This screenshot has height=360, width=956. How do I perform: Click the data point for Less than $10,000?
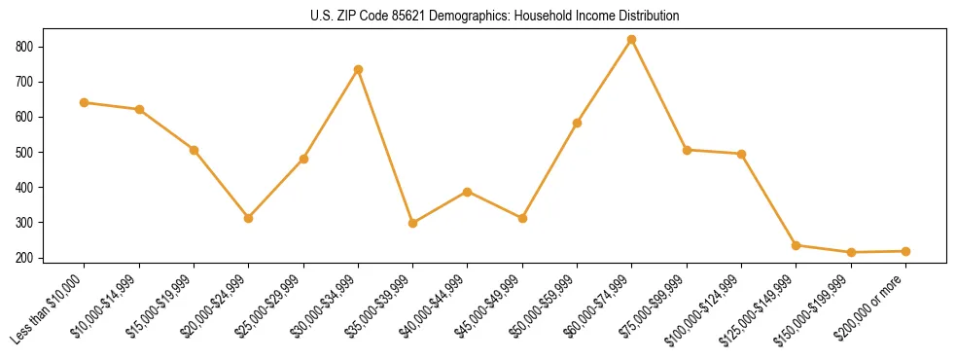pyautogui.click(x=85, y=102)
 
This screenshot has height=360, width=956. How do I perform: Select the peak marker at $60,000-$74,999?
pyautogui.click(x=632, y=40)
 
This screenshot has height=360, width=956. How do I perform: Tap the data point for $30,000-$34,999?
pyautogui.click(x=358, y=70)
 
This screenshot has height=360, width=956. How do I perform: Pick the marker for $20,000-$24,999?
pyautogui.click(x=249, y=218)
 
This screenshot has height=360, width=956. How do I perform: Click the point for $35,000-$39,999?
pyautogui.click(x=413, y=223)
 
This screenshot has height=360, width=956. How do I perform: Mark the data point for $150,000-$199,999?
pyautogui.click(x=851, y=252)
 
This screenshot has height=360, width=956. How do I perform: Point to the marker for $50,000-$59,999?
pyautogui.click(x=578, y=123)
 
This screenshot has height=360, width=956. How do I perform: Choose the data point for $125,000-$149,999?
pyautogui.click(x=797, y=245)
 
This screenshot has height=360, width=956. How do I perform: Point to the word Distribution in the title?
pyautogui.click(x=646, y=17)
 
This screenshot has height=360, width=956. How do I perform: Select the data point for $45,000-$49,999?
pyautogui.click(x=523, y=218)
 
